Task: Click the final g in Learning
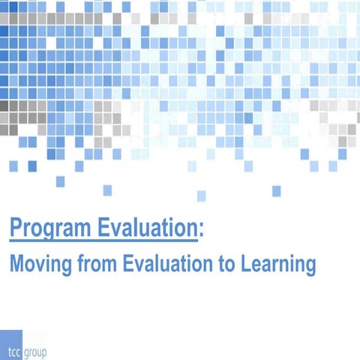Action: [x=309, y=267]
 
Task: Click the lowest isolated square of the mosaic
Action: [x=201, y=196]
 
